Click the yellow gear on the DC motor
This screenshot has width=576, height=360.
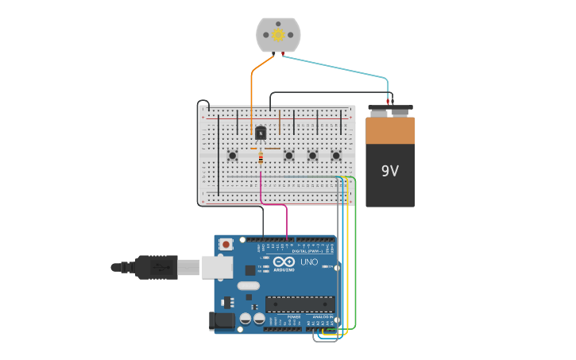278,34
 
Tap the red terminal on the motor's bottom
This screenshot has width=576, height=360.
282,53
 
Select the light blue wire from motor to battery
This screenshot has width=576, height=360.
342,68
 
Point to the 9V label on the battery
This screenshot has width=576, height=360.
390,171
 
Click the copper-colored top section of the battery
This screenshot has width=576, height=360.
390,130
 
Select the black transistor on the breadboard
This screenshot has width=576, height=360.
260,134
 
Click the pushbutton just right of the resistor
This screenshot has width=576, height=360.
289,156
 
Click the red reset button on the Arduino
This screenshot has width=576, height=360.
226,245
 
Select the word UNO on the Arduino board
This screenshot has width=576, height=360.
308,261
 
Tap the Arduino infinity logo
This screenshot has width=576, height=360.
284,261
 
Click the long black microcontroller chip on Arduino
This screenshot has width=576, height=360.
300,304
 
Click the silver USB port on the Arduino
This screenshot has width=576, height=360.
217,267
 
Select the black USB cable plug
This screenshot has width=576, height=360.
156,267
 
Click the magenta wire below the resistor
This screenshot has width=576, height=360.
261,187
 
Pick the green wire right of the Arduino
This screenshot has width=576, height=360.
355,254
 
